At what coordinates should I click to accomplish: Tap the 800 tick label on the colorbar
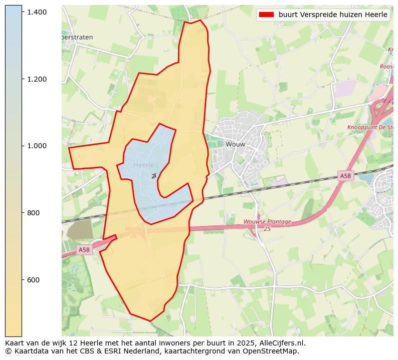(x=33, y=213)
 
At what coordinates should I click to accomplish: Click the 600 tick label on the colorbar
(x=33, y=280)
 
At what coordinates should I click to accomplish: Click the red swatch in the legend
(x=266, y=15)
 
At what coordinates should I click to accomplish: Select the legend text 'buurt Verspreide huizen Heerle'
(x=333, y=15)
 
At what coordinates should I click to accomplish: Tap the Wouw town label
(x=235, y=144)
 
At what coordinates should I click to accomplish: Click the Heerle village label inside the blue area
(x=144, y=165)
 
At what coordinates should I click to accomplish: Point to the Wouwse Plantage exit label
(x=267, y=225)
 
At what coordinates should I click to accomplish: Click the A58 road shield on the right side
(x=345, y=176)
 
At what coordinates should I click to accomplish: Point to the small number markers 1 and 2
(x=154, y=176)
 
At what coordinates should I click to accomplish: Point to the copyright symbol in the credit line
(x=8, y=351)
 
